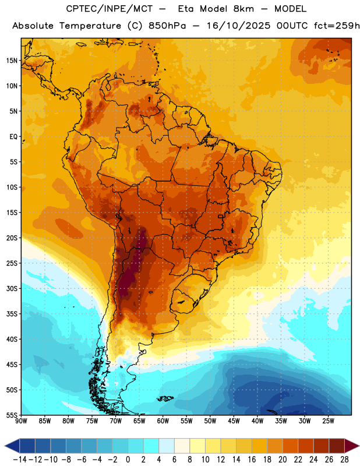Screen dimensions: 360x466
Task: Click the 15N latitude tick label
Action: coord(12,61)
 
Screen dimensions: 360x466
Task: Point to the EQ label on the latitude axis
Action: coord(13,137)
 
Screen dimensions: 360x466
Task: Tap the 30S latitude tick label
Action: coord(12,288)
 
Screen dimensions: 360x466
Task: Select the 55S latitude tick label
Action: coord(12,415)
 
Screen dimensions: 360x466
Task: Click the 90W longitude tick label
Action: coord(21,421)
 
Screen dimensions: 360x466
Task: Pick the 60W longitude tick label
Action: coord(163,421)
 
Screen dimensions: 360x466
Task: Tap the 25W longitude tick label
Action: coord(328,421)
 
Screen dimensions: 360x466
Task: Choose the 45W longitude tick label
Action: coord(234,421)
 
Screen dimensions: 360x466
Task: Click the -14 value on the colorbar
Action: coord(20,460)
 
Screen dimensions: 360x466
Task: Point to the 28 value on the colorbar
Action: coord(344,460)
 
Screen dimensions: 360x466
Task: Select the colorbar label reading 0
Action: coord(128,460)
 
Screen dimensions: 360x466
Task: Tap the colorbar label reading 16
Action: coord(252,460)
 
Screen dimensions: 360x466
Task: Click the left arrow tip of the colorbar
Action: coord(5,446)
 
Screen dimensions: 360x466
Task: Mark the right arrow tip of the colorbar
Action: coord(359,446)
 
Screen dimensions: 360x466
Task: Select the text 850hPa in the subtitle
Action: coord(167,26)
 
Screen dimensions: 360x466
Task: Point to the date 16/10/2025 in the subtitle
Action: coord(238,26)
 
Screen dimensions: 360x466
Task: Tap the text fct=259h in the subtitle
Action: coord(337,26)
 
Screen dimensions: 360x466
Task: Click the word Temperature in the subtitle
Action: coord(90,26)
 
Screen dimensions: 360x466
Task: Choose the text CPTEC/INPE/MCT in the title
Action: coord(110,9)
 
